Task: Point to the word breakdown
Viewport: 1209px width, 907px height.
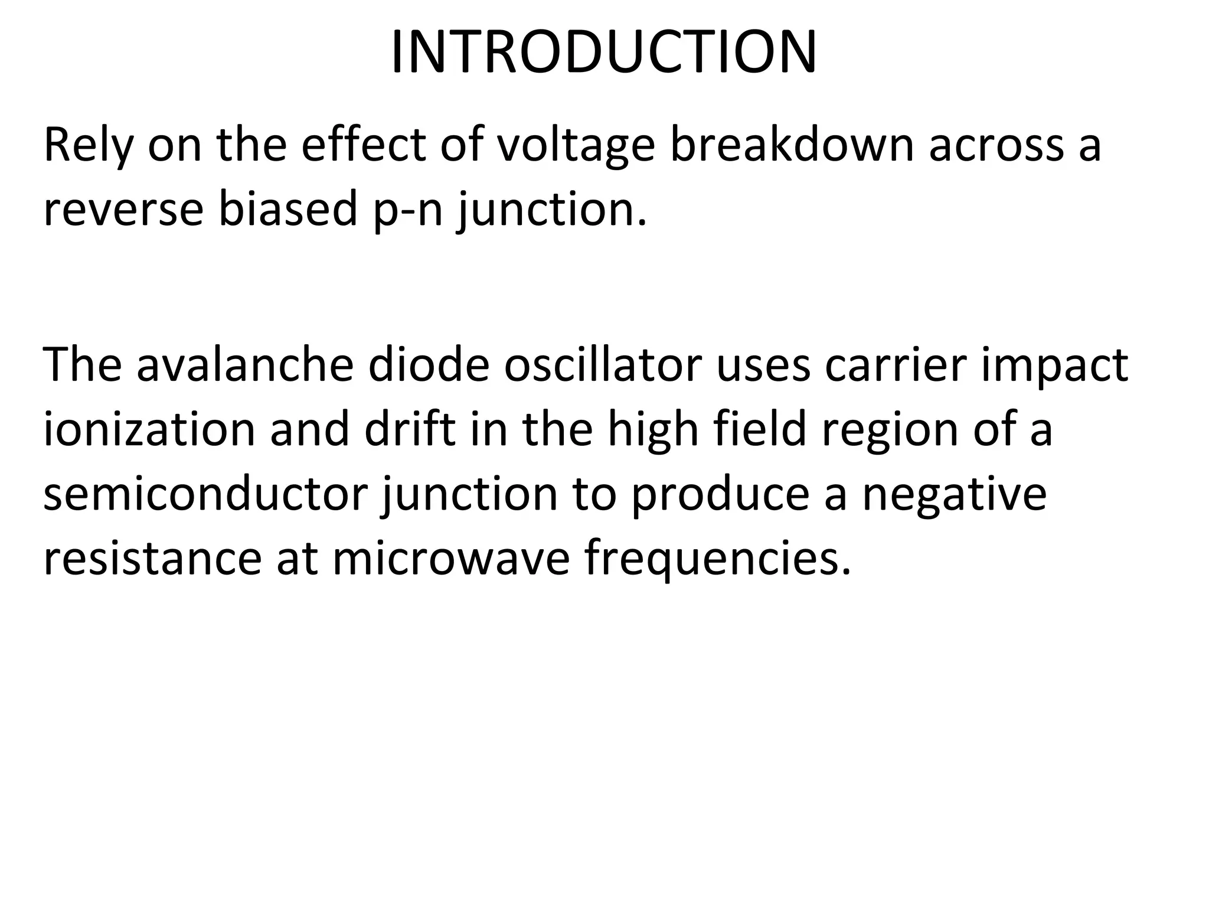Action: point(791,145)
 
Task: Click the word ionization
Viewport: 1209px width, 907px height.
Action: point(149,429)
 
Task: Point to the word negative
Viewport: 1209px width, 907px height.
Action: point(954,495)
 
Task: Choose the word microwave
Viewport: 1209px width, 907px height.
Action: point(451,559)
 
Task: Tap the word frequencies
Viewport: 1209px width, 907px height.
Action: point(718,559)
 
